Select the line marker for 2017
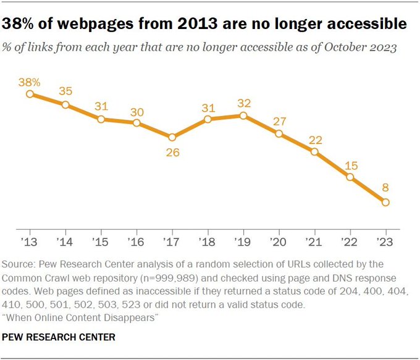tap(172, 137)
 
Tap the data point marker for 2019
tap(243, 115)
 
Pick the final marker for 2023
tap(385, 202)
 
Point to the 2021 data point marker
tap(314, 152)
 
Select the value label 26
tap(172, 152)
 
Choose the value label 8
tap(385, 188)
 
